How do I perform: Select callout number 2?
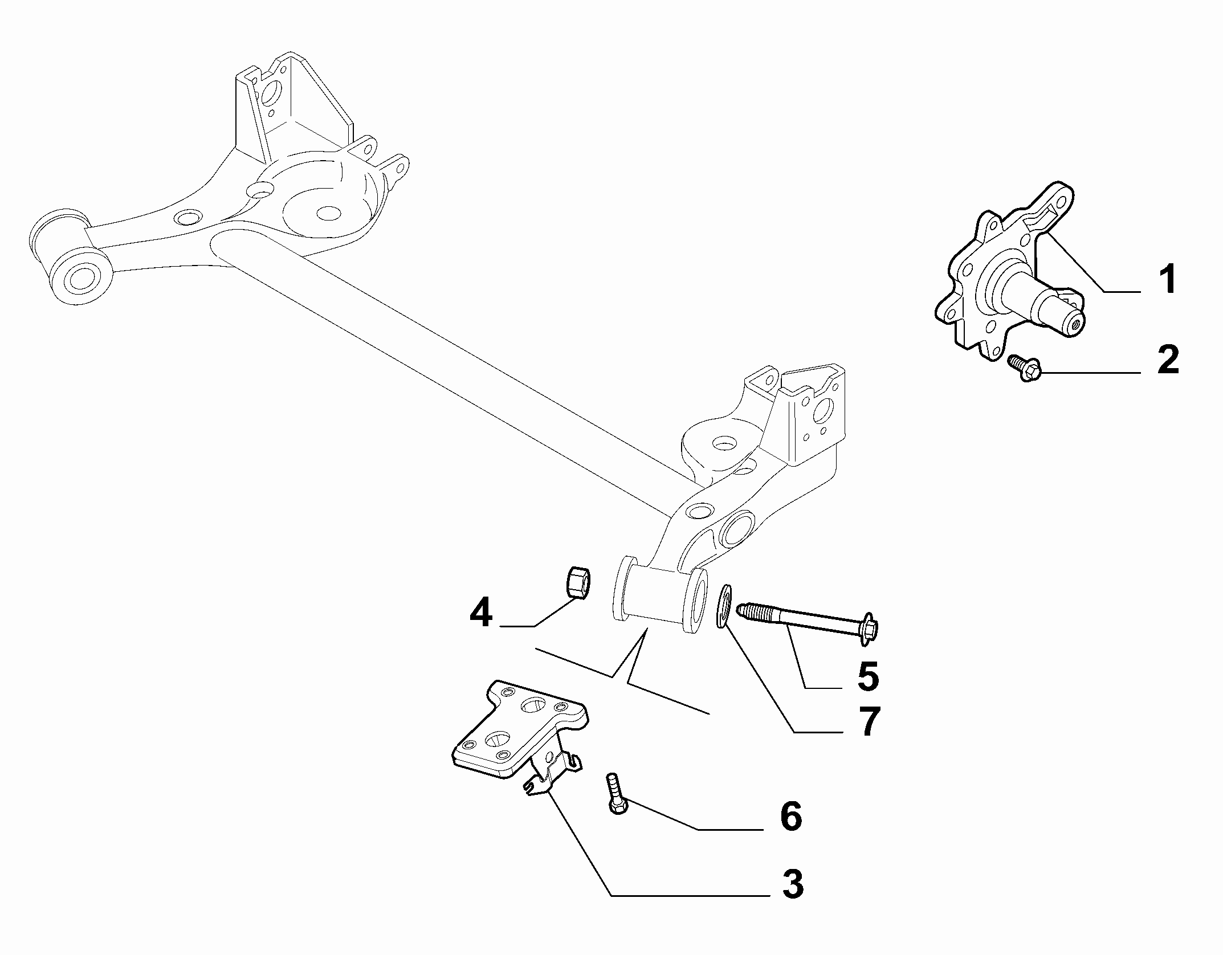coord(1168,360)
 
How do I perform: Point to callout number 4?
coord(480,613)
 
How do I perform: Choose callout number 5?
coord(868,676)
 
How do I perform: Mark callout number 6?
coord(791,815)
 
